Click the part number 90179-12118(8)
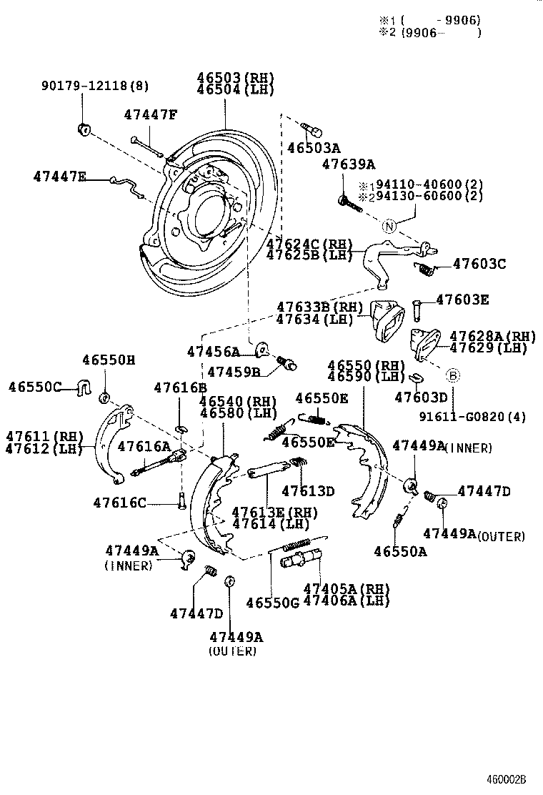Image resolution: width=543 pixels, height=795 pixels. (94, 87)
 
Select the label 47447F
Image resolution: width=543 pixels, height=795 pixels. (149, 114)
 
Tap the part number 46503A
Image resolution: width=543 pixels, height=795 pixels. (314, 149)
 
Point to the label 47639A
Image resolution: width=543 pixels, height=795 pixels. (348, 164)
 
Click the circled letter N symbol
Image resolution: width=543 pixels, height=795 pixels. (389, 227)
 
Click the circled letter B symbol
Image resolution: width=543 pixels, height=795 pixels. (453, 375)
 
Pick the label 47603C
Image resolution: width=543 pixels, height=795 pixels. (479, 265)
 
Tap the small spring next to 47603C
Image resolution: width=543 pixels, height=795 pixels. (427, 268)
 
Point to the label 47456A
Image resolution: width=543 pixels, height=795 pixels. (213, 352)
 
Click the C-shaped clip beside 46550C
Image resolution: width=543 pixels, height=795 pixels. (84, 388)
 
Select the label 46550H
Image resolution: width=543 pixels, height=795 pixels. (108, 360)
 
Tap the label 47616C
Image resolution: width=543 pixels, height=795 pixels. (119, 503)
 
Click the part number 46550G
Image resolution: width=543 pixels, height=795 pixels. (273, 603)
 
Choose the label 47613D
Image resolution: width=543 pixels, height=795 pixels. (308, 491)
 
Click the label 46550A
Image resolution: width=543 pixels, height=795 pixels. (400, 551)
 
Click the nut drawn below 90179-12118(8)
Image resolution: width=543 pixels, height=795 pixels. (84, 129)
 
